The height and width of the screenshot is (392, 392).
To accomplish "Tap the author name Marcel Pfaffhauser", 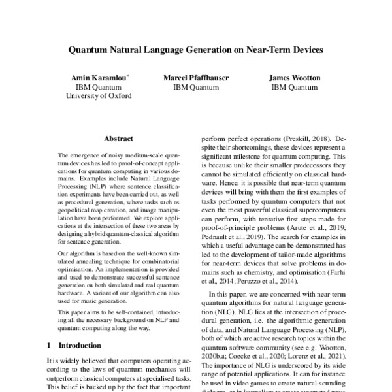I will [196, 77].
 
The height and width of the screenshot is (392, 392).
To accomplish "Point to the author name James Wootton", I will [295, 77].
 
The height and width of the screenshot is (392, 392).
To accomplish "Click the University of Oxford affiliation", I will [99, 95].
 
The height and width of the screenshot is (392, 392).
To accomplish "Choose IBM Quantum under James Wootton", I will [295, 86].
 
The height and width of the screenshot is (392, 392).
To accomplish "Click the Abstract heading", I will [118, 139].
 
